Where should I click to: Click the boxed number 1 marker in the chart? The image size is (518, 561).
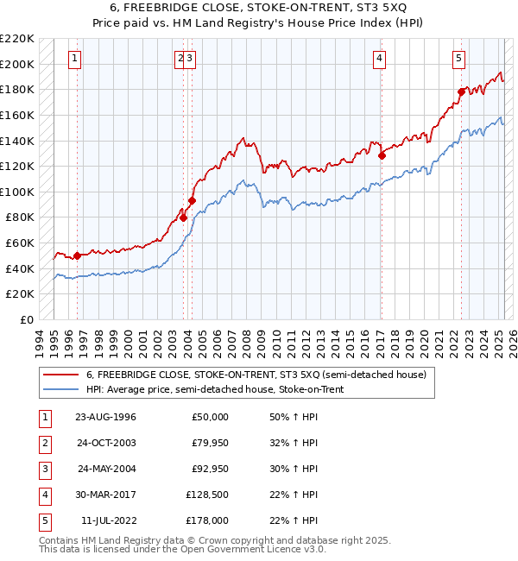tap(76, 59)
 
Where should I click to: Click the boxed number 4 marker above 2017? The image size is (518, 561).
tap(379, 59)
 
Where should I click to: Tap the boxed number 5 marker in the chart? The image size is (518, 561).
tap(458, 59)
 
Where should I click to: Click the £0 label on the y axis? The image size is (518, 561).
tap(28, 319)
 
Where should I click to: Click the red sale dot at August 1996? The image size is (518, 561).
tap(77, 255)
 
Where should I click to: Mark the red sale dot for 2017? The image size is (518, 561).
tap(382, 155)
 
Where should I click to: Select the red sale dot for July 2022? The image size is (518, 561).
tap(461, 91)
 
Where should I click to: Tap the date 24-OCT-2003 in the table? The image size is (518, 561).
tap(106, 444)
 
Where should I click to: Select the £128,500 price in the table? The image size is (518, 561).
tap(207, 495)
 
